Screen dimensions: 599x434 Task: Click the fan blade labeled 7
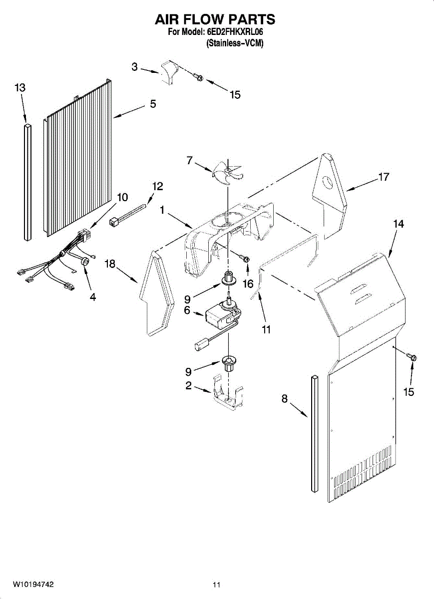[x=227, y=173]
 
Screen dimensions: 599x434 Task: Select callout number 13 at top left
[x=19, y=88]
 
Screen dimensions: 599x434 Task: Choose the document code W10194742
[x=33, y=584]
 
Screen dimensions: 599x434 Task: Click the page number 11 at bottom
[x=216, y=584]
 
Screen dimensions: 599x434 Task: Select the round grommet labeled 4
[x=85, y=261]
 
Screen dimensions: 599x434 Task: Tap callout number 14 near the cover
[x=398, y=224]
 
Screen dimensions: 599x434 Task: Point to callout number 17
[x=384, y=177]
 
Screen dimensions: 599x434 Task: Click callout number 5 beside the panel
[x=153, y=104]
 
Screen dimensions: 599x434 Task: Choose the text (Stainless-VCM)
[x=234, y=43]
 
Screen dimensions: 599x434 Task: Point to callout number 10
[x=122, y=197]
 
